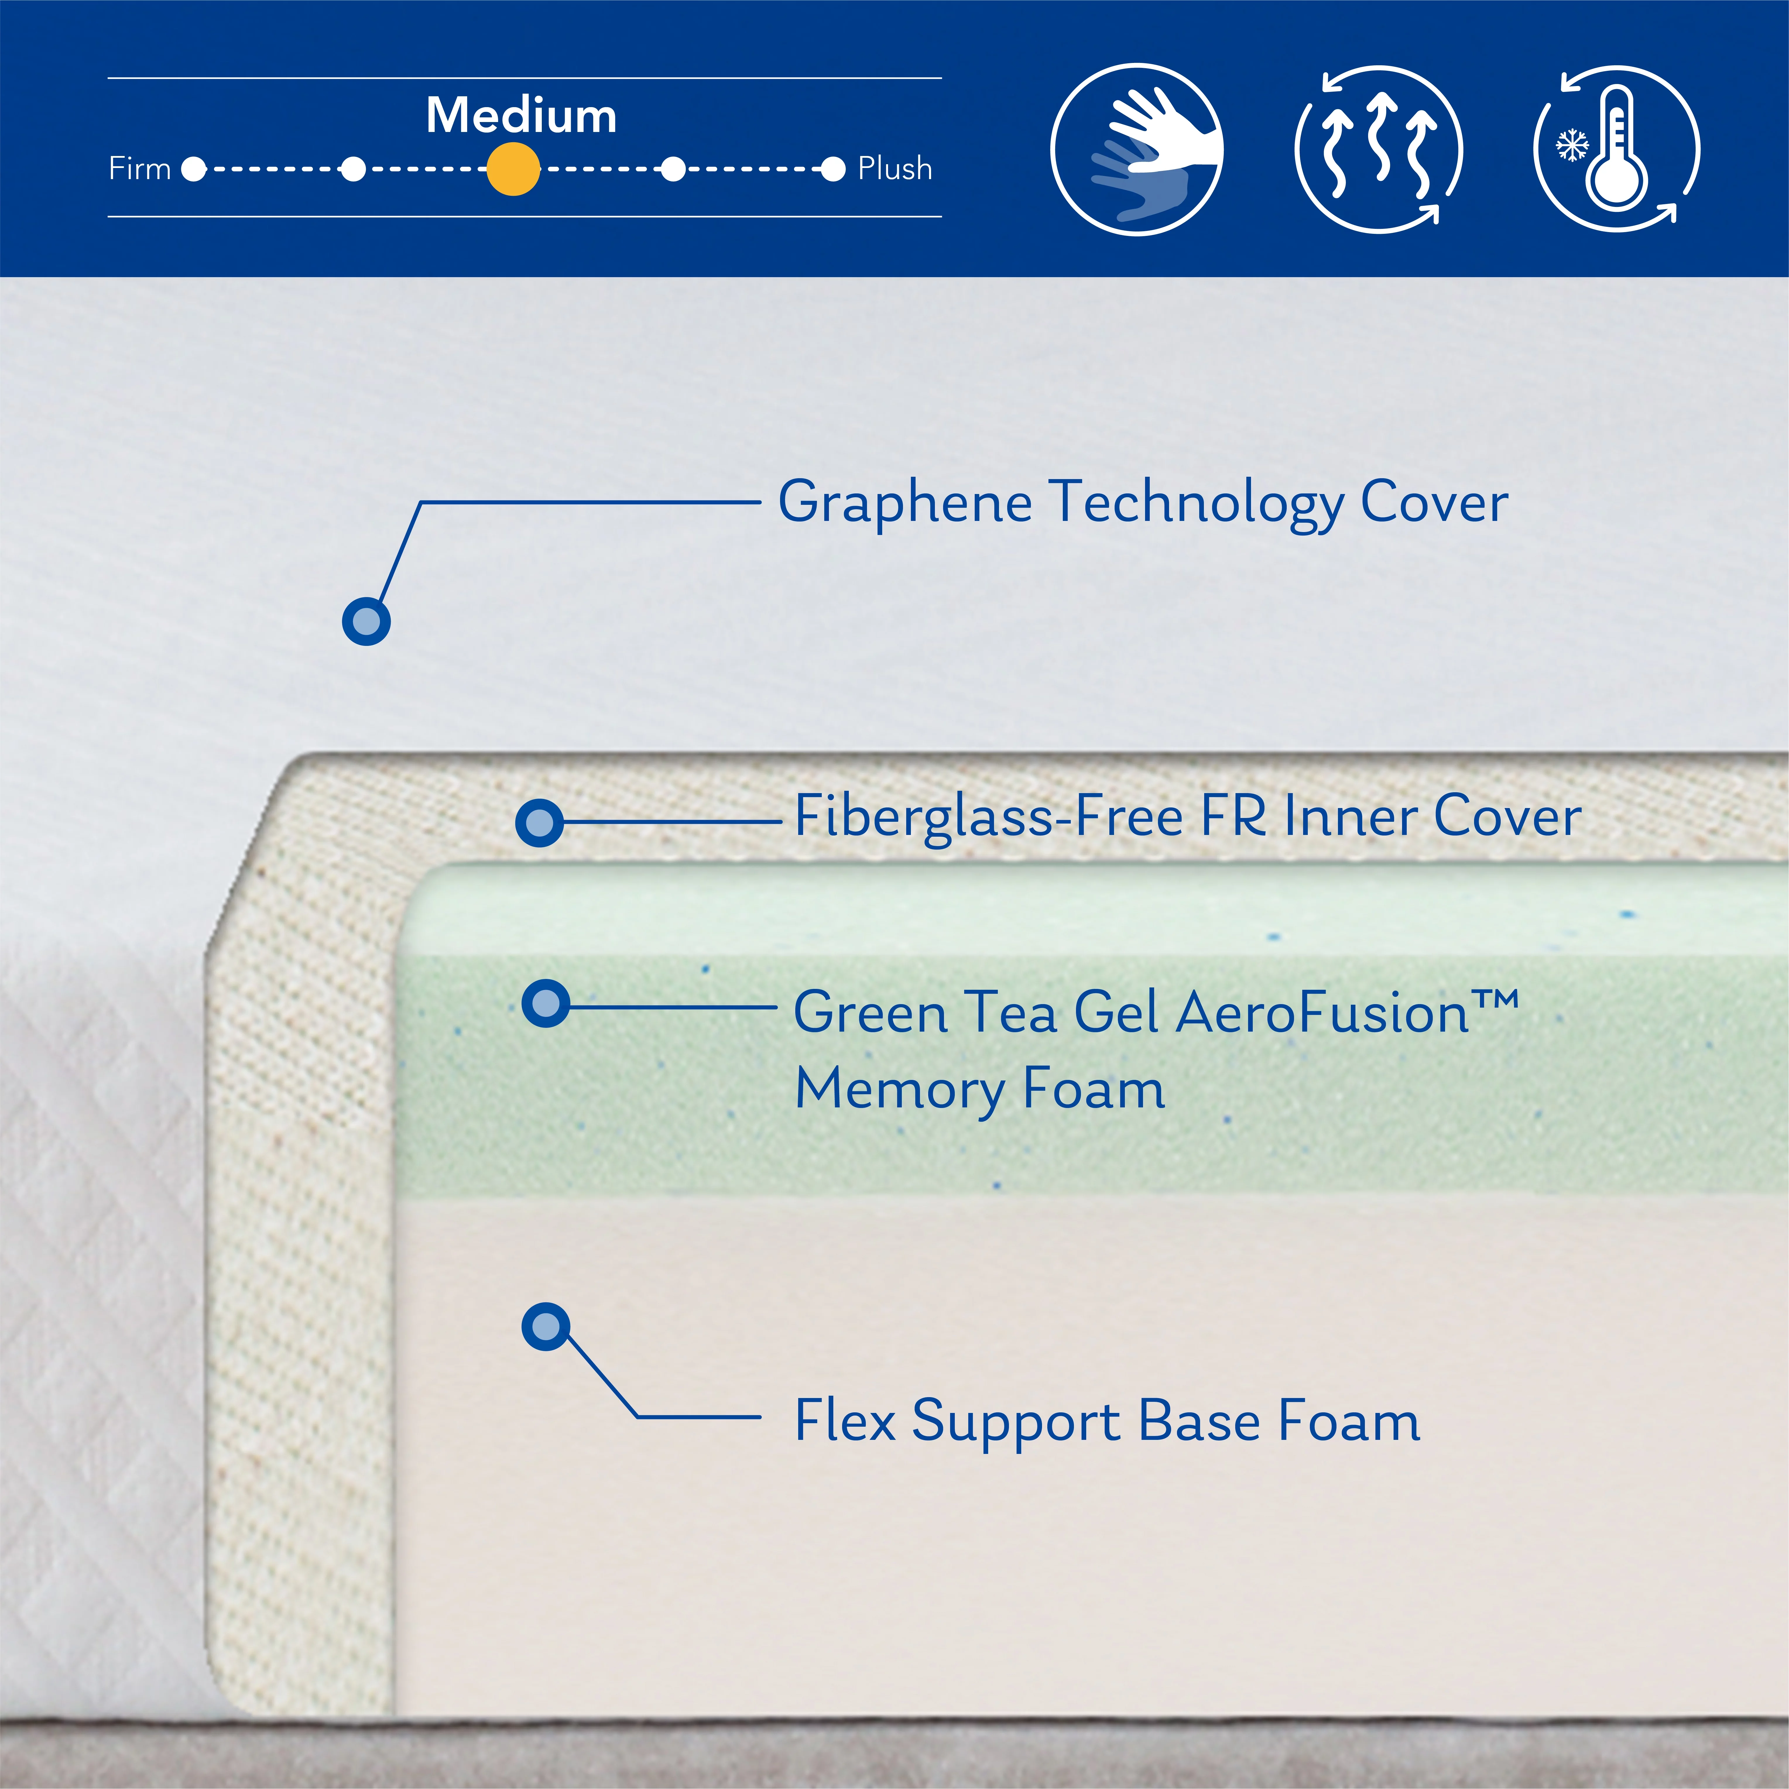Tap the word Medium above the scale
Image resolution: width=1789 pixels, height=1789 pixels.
click(521, 116)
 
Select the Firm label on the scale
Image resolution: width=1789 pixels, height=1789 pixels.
click(140, 169)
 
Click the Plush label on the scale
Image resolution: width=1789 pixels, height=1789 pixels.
click(894, 169)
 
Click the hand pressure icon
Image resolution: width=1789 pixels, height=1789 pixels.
click(1137, 149)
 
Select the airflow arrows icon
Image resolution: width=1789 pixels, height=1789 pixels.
click(1379, 149)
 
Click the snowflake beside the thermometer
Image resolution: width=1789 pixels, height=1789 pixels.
click(1572, 145)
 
